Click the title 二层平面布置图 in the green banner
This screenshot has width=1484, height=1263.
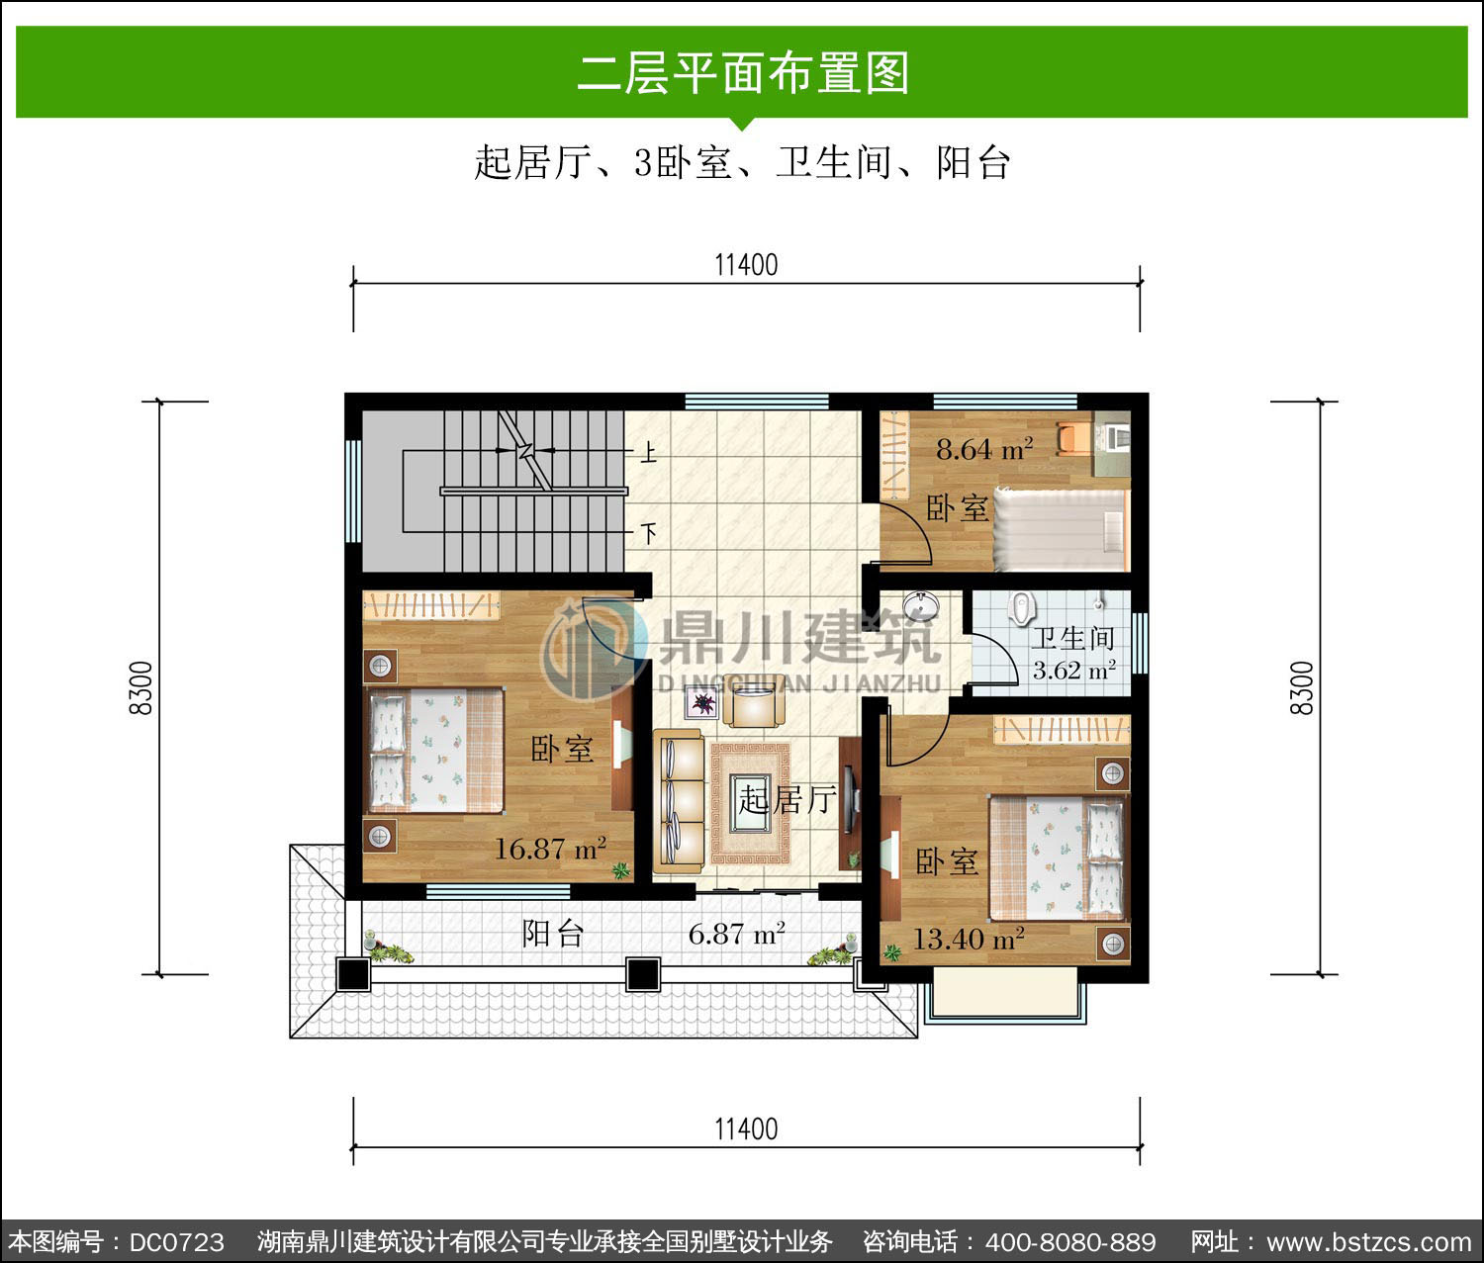pyautogui.click(x=743, y=73)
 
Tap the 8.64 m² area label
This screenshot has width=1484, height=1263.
pyautogui.click(x=984, y=450)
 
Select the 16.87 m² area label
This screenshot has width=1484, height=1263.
pyautogui.click(x=551, y=849)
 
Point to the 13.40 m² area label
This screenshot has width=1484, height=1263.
pyautogui.click(x=968, y=939)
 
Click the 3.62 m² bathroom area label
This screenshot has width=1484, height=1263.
pyautogui.click(x=1074, y=671)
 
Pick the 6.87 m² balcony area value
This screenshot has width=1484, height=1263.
pyautogui.click(x=737, y=934)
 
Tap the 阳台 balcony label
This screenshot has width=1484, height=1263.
pyautogui.click(x=553, y=934)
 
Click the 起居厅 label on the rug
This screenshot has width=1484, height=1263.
pyautogui.click(x=788, y=799)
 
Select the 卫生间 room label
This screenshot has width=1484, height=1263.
pyautogui.click(x=1072, y=638)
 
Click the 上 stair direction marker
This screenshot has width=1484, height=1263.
pyautogui.click(x=648, y=453)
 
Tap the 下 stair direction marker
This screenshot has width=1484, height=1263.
pyautogui.click(x=648, y=532)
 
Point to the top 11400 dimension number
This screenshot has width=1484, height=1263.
pyautogui.click(x=746, y=265)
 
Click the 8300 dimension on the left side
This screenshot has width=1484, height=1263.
pyautogui.click(x=141, y=687)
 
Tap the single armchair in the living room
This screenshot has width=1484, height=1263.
pyautogui.click(x=754, y=700)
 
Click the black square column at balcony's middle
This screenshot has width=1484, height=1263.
pyautogui.click(x=642, y=974)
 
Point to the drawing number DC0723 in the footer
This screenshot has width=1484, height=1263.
pyautogui.click(x=177, y=1241)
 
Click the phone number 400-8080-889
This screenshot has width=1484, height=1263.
pyautogui.click(x=1070, y=1241)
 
